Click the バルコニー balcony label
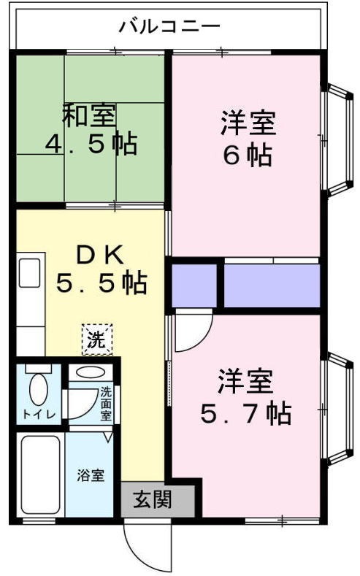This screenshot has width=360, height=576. pyautogui.click(x=169, y=28)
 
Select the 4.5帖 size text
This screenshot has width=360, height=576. pyautogui.click(x=91, y=144)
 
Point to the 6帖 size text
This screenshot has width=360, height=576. pyautogui.click(x=248, y=155)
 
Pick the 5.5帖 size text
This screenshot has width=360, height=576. pyautogui.click(x=102, y=282)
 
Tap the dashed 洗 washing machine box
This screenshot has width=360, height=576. pyautogui.click(x=97, y=339)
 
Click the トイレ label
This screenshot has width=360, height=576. pyautogui.click(x=37, y=415)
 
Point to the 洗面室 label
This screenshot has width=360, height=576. pyautogui.click(x=107, y=404)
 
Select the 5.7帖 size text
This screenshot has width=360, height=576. pyautogui.click(x=246, y=413)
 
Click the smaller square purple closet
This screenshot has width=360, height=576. pyautogui.click(x=195, y=285)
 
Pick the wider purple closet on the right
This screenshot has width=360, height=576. pyautogui.click(x=272, y=285)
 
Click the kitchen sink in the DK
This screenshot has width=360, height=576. pyautogui.click(x=31, y=274)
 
